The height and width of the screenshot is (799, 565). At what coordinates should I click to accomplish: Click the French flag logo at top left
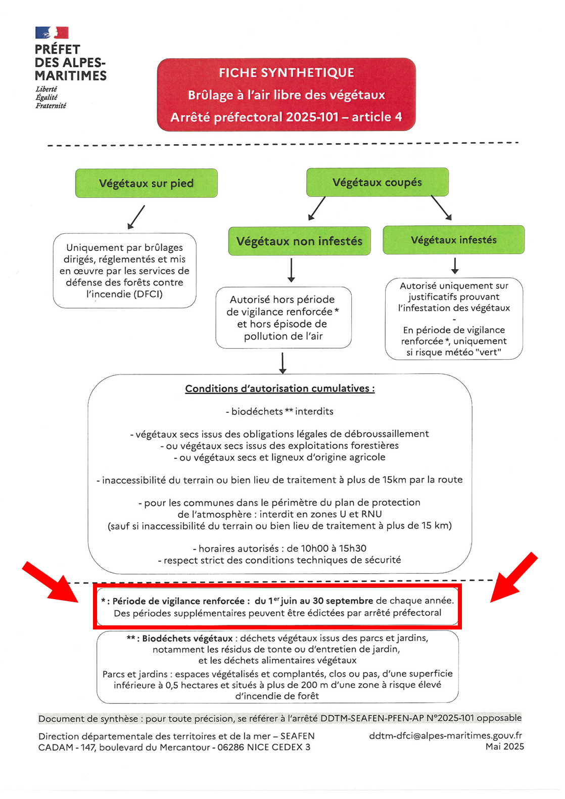(52, 32)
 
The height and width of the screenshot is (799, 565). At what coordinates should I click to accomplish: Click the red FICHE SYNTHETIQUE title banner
(287, 95)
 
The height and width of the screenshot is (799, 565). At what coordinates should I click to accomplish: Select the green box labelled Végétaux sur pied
(147, 183)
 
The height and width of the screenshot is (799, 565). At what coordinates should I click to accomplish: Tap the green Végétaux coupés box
(378, 182)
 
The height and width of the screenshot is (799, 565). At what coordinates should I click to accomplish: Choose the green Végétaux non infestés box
(299, 241)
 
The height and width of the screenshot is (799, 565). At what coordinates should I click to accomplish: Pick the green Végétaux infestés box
(453, 239)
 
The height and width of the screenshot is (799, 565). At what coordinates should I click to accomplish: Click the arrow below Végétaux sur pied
(136, 217)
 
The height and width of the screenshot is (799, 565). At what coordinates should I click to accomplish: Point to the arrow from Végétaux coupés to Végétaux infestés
(441, 207)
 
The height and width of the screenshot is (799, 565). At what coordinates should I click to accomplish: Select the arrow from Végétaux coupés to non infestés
(317, 208)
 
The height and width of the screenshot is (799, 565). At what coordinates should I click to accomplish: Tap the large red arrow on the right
(514, 577)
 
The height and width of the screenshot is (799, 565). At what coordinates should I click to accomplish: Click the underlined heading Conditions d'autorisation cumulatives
(279, 389)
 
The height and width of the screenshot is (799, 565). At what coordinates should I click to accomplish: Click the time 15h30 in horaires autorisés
(353, 548)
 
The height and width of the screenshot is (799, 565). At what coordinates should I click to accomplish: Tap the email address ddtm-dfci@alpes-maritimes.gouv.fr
(445, 736)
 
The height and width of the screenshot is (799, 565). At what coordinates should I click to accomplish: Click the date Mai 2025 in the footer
(504, 746)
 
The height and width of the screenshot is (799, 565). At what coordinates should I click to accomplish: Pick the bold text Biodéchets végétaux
(187, 639)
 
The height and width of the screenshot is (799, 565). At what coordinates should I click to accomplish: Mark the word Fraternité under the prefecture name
(51, 106)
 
